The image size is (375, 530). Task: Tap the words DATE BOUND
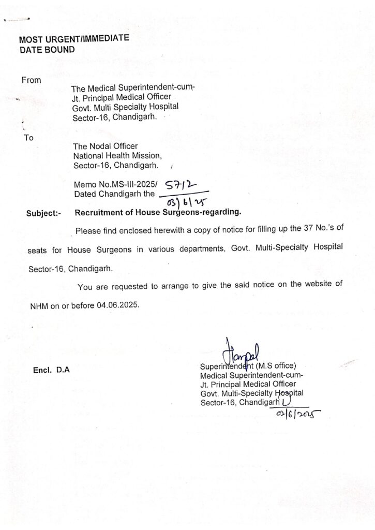(x=47, y=50)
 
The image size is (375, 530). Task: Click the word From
(x=31, y=80)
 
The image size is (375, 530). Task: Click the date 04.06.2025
(x=117, y=305)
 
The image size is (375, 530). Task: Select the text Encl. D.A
(x=51, y=370)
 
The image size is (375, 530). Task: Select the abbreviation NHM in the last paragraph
(x=38, y=305)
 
